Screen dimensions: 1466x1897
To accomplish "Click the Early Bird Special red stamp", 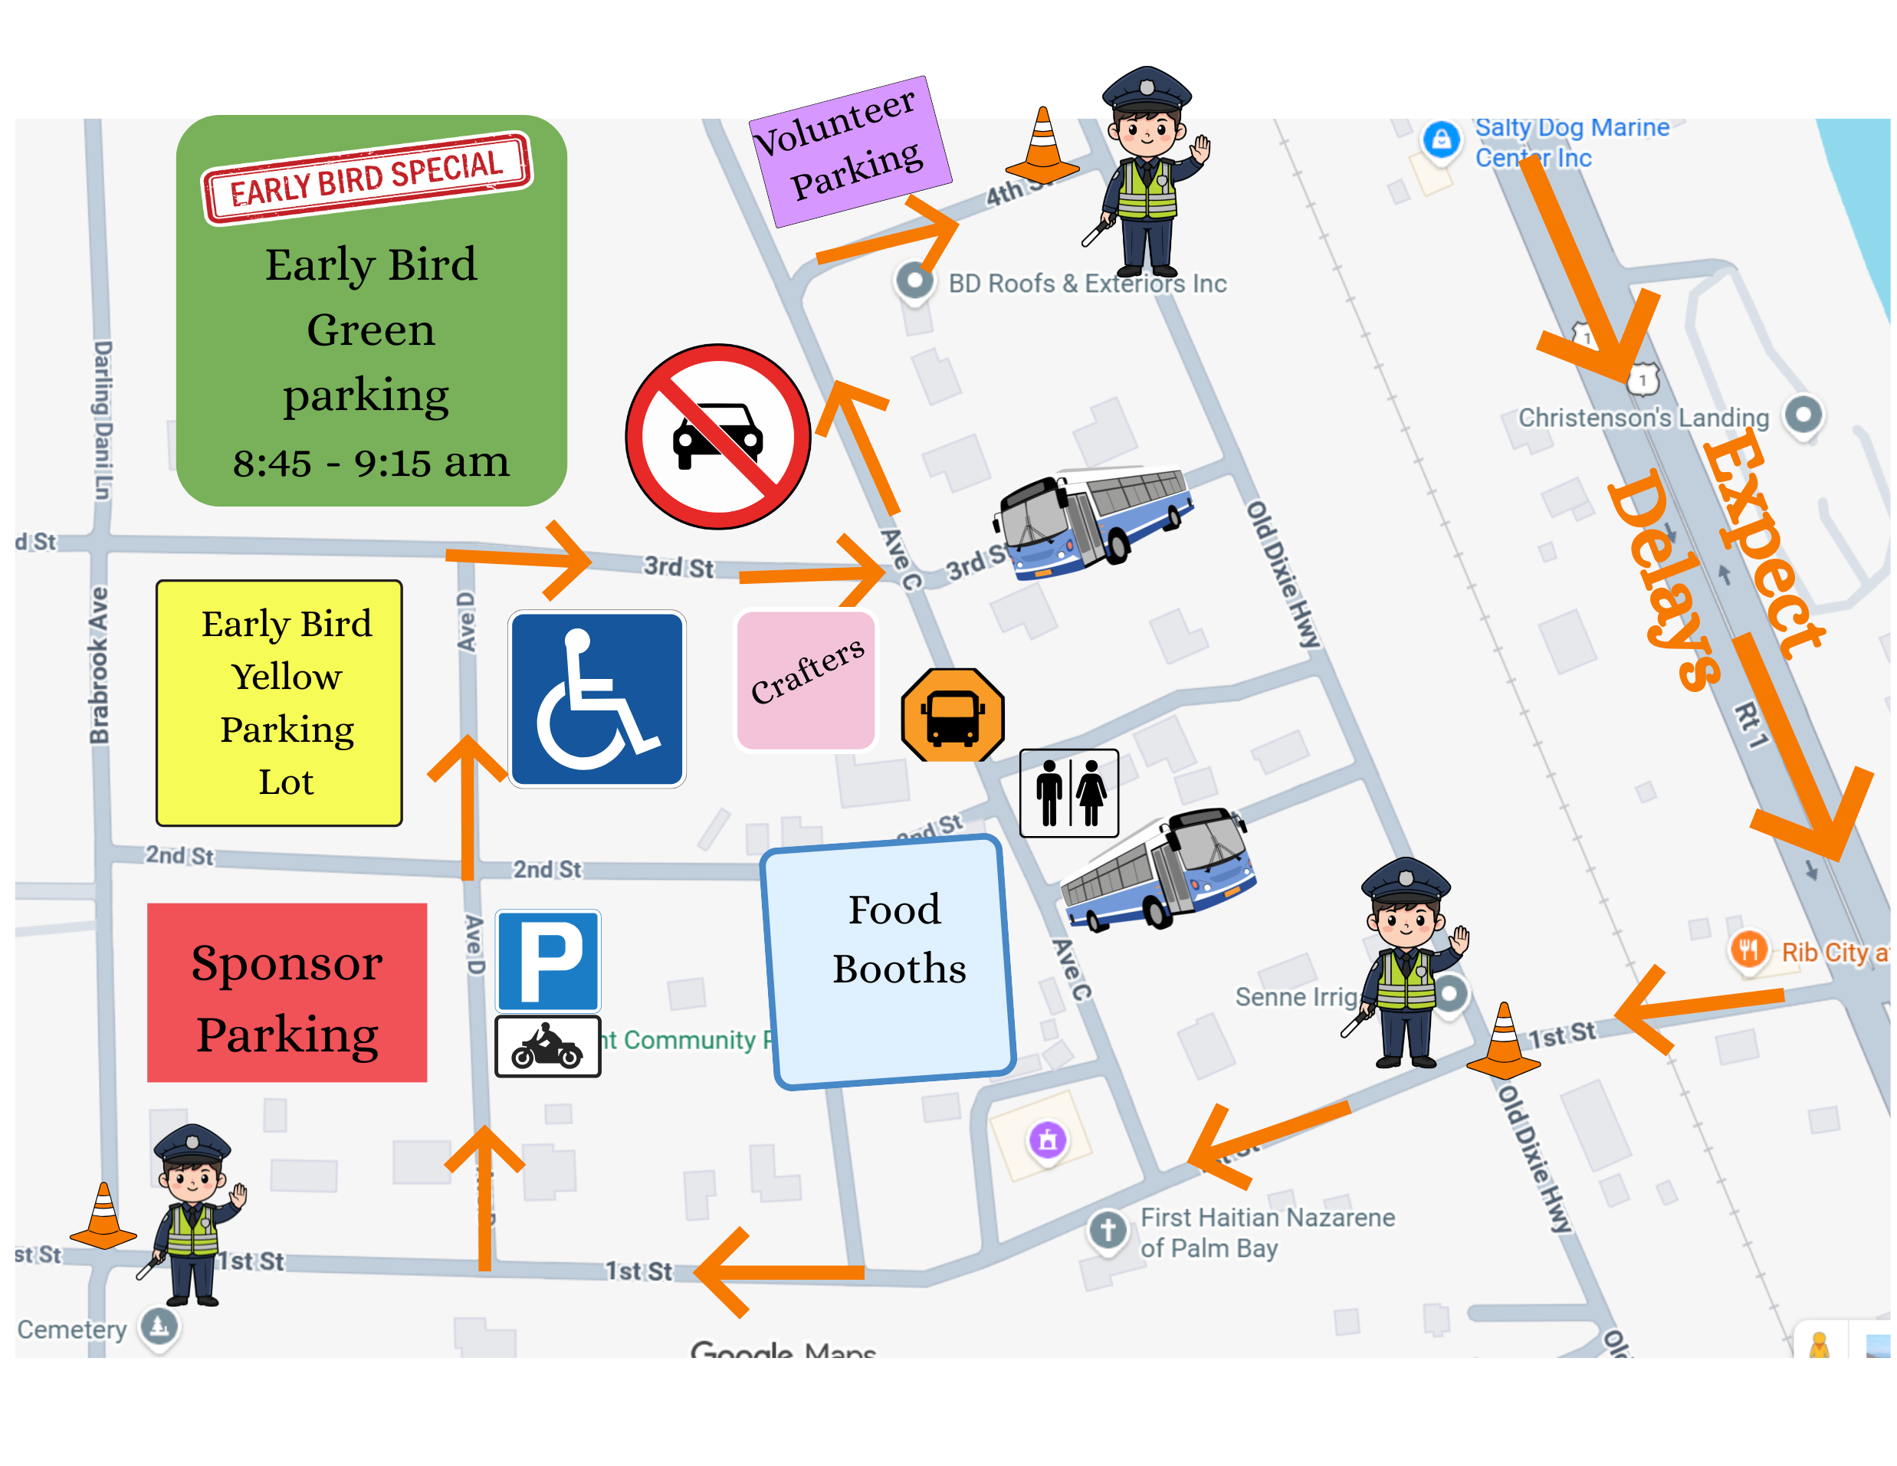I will (366, 177).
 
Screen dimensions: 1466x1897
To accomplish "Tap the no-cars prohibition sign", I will (717, 436).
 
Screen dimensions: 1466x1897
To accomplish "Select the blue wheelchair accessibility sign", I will (597, 698).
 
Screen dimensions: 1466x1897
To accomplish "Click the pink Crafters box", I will (806, 680).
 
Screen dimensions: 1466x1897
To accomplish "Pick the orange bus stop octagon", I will (952, 715).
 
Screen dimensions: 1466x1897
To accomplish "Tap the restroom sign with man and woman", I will (1068, 793).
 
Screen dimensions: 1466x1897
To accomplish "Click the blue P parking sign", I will (548, 959).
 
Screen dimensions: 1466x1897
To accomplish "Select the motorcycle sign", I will (547, 1047).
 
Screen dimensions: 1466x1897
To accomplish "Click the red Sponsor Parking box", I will (287, 992).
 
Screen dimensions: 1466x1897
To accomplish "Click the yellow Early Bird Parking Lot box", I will (279, 703).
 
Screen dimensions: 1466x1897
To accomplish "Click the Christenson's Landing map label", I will (1643, 418).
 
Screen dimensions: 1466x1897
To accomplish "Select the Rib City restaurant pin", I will (1748, 949).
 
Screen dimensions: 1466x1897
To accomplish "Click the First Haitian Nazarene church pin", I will (1108, 1230).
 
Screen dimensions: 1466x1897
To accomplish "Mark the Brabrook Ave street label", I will (99, 665).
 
